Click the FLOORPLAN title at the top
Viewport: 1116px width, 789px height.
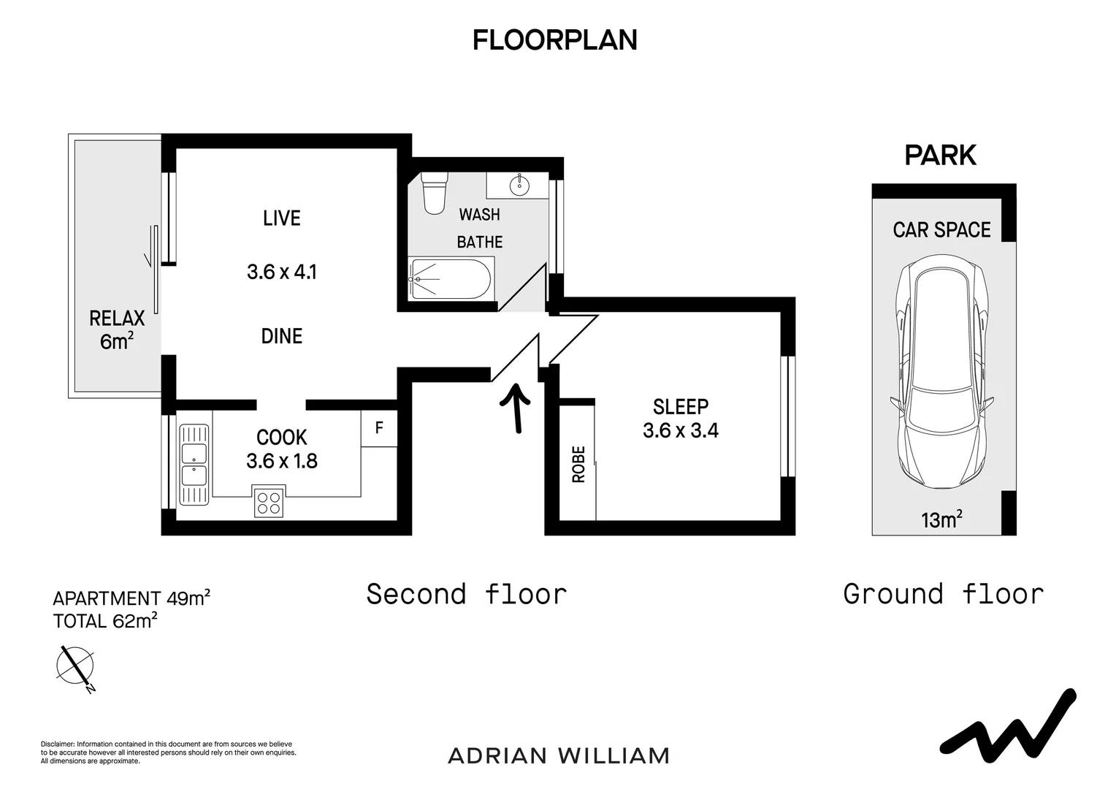point(555,40)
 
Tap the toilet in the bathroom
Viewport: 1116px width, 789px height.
point(435,194)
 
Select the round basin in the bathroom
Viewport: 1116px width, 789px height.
point(519,186)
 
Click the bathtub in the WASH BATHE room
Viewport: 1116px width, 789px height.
point(451,278)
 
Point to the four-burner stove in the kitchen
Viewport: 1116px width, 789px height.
point(269,501)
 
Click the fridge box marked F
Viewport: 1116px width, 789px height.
point(379,428)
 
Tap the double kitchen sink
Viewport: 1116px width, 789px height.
point(194,465)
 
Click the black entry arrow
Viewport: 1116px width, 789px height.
point(516,408)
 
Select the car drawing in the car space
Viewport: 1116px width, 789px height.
point(941,371)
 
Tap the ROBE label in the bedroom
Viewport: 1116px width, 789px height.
point(578,465)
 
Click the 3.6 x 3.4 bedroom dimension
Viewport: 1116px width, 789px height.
point(681,430)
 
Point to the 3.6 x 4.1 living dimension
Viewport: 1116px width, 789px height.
point(282,272)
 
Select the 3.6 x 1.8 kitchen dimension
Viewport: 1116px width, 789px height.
point(282,461)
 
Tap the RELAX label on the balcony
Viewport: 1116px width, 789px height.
point(117,319)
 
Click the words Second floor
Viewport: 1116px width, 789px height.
point(467,594)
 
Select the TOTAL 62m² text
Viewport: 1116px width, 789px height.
point(105,621)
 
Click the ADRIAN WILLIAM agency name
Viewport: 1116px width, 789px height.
point(559,756)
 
